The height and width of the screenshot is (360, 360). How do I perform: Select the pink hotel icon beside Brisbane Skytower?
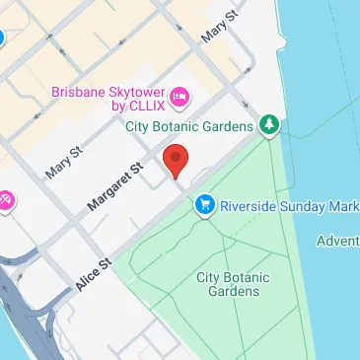180,96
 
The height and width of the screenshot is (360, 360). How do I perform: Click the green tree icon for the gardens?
268,125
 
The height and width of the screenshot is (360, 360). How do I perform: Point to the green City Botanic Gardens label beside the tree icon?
191,125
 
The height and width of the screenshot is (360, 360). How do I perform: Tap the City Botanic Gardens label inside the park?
233,284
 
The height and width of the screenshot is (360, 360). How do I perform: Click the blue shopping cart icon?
205,205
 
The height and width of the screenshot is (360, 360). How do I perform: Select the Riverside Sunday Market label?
288,206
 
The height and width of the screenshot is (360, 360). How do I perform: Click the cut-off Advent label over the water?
338,242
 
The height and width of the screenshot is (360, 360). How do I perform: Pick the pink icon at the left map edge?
5,200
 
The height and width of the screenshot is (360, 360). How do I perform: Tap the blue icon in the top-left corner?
2,39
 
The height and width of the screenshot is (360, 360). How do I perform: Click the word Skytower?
133,88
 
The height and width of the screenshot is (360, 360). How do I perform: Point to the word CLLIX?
145,105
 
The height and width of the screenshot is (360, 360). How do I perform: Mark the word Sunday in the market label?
312,206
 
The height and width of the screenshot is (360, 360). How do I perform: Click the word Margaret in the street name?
107,188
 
